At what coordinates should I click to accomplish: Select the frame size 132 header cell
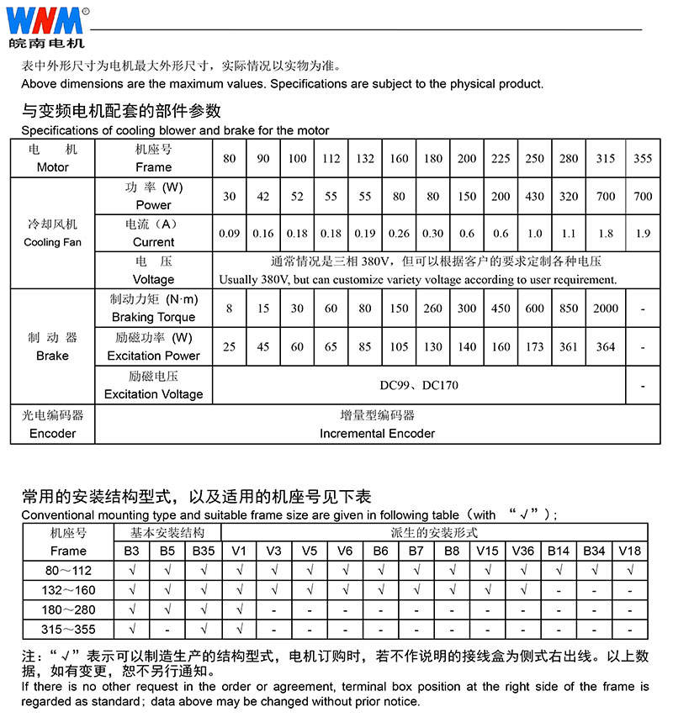(x=365, y=159)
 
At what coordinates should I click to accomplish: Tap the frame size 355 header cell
(x=643, y=159)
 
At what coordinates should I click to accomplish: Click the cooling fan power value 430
(x=535, y=196)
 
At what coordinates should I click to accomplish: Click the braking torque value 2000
(x=605, y=309)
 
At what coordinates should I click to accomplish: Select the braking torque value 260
(x=433, y=309)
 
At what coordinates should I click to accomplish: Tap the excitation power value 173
(x=535, y=346)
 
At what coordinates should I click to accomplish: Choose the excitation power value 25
(x=229, y=346)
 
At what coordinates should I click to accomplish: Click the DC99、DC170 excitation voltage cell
(x=419, y=385)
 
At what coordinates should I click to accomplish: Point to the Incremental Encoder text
(x=377, y=434)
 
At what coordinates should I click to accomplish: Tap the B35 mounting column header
(x=204, y=551)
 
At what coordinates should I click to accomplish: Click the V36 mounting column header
(x=522, y=551)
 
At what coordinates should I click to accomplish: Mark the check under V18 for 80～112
(x=629, y=570)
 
